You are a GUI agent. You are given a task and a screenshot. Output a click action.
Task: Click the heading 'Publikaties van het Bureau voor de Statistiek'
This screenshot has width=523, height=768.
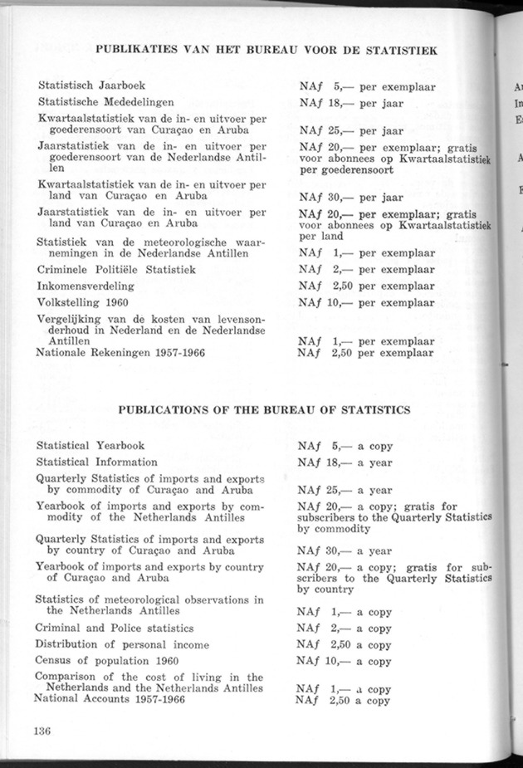coord(266,49)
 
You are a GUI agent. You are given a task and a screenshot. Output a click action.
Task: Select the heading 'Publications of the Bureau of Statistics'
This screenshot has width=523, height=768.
coord(264,410)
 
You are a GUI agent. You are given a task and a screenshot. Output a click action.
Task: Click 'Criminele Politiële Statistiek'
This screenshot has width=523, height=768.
coord(116,270)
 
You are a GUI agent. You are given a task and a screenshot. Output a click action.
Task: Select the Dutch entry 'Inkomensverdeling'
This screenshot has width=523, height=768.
coord(86,286)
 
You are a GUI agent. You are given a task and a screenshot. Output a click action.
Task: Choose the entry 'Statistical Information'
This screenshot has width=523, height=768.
coord(96,462)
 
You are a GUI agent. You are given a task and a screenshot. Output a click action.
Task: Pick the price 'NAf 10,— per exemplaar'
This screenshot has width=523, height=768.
coord(366,303)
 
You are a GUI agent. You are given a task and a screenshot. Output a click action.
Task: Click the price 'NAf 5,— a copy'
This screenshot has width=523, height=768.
coord(345,446)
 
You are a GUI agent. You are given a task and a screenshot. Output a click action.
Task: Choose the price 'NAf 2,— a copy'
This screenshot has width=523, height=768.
coord(345,629)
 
